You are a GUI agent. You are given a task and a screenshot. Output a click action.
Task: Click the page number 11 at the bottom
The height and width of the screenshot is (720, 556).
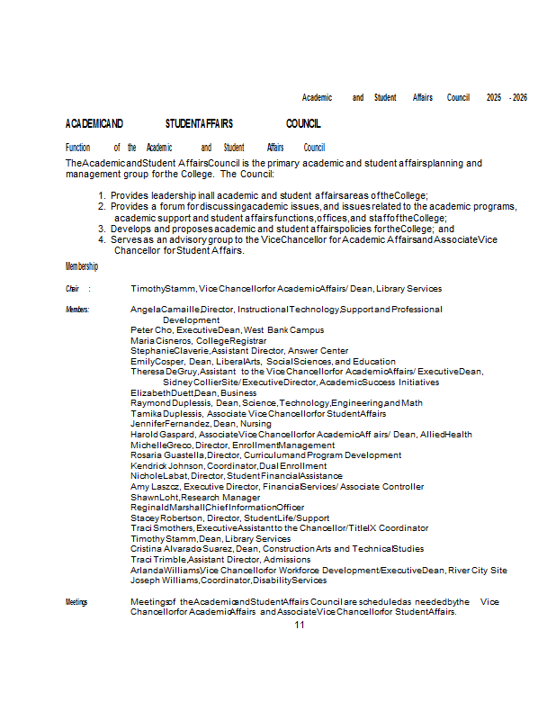point(300,625)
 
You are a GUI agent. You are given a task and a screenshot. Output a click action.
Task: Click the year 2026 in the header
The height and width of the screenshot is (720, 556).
point(519,97)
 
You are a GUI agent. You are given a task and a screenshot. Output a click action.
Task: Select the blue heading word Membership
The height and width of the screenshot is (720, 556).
point(82,266)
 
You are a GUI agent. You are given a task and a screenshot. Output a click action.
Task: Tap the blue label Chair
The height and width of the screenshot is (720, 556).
point(73,289)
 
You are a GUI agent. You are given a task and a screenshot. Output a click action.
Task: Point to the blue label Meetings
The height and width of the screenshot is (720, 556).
point(76,601)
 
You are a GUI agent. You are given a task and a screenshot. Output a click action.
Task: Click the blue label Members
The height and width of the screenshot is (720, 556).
point(77,309)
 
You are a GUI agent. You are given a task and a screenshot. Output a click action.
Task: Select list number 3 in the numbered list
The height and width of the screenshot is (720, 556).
point(102,229)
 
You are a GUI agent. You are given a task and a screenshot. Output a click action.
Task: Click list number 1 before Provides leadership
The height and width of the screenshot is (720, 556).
point(102,195)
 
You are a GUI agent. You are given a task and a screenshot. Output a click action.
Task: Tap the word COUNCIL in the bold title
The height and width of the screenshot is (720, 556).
point(303,123)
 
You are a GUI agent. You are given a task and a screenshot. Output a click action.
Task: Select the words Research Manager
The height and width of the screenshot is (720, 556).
point(221,497)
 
